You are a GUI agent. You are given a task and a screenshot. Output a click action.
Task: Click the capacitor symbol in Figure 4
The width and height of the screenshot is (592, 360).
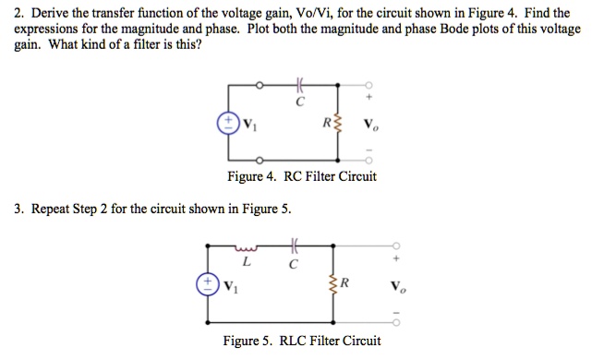tap(296, 86)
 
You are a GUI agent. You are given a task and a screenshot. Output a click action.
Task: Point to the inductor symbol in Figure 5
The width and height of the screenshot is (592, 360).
tap(245, 247)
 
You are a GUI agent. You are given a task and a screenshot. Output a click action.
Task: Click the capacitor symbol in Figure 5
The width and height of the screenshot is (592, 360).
tap(294, 247)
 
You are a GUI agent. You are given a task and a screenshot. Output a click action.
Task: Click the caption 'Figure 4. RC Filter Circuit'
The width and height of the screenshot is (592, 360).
tap(302, 176)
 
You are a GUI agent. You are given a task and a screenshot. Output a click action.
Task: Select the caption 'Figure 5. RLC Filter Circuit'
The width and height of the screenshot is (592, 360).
tap(302, 341)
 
